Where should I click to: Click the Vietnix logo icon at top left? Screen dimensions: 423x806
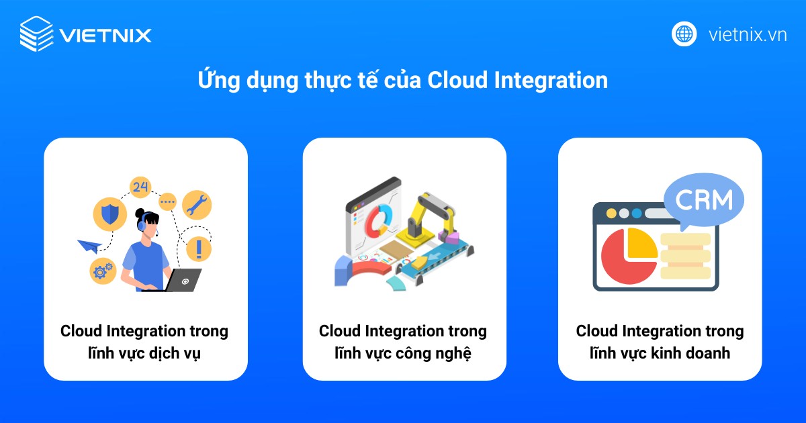point(36,34)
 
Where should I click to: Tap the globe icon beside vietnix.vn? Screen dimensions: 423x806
point(684,34)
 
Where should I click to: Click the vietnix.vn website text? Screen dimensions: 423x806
point(748,34)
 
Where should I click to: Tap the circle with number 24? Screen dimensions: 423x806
point(140,187)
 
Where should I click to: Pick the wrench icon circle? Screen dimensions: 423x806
point(197,204)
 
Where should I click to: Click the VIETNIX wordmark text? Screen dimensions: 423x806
point(105,35)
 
